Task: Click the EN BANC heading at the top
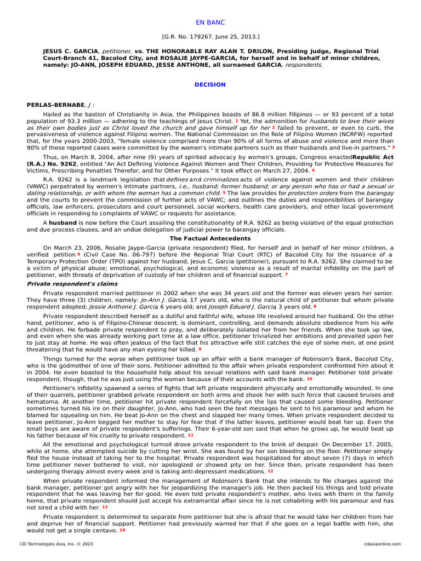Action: coord(210,22)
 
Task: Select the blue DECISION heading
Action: coord(210,85)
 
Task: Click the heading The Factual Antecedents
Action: coord(210,239)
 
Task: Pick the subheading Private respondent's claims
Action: coord(60,284)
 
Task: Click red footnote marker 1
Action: coord(237,121)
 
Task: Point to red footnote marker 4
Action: coord(314,170)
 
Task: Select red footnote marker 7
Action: coord(286,274)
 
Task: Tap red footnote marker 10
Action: coord(310,379)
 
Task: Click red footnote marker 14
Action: coord(122,531)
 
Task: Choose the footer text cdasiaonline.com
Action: coord(382,544)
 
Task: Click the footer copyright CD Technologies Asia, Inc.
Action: coord(53,544)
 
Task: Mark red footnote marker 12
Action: coord(270,471)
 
